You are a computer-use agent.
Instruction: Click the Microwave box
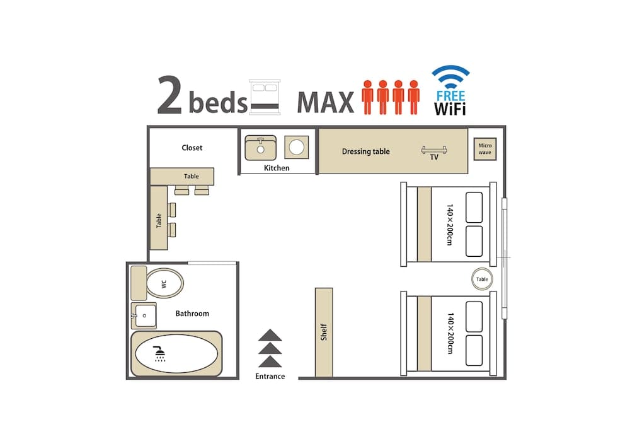tap(484, 149)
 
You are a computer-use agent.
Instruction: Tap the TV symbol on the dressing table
tap(434, 150)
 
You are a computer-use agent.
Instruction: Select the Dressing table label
tap(365, 151)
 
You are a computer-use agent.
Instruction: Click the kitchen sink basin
tap(260, 148)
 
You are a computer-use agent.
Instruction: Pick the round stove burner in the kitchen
tap(296, 148)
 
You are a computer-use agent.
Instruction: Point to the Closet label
tap(192, 148)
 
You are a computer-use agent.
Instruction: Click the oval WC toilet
tap(164, 283)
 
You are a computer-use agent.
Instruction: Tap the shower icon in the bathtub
tap(160, 354)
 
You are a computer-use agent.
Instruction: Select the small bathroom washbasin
tap(144, 315)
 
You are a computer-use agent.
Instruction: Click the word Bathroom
tap(192, 314)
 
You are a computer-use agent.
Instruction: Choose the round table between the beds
tap(482, 279)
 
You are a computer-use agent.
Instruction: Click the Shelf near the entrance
tap(324, 332)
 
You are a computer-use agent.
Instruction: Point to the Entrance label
tap(270, 377)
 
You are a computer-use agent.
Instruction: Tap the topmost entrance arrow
tap(270, 335)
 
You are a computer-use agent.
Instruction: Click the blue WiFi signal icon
tap(450, 78)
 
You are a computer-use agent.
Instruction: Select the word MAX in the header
tap(325, 103)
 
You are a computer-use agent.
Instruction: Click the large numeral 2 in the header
tap(169, 96)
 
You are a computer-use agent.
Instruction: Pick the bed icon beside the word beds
tap(264, 97)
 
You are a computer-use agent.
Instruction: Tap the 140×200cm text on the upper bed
tap(449, 224)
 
